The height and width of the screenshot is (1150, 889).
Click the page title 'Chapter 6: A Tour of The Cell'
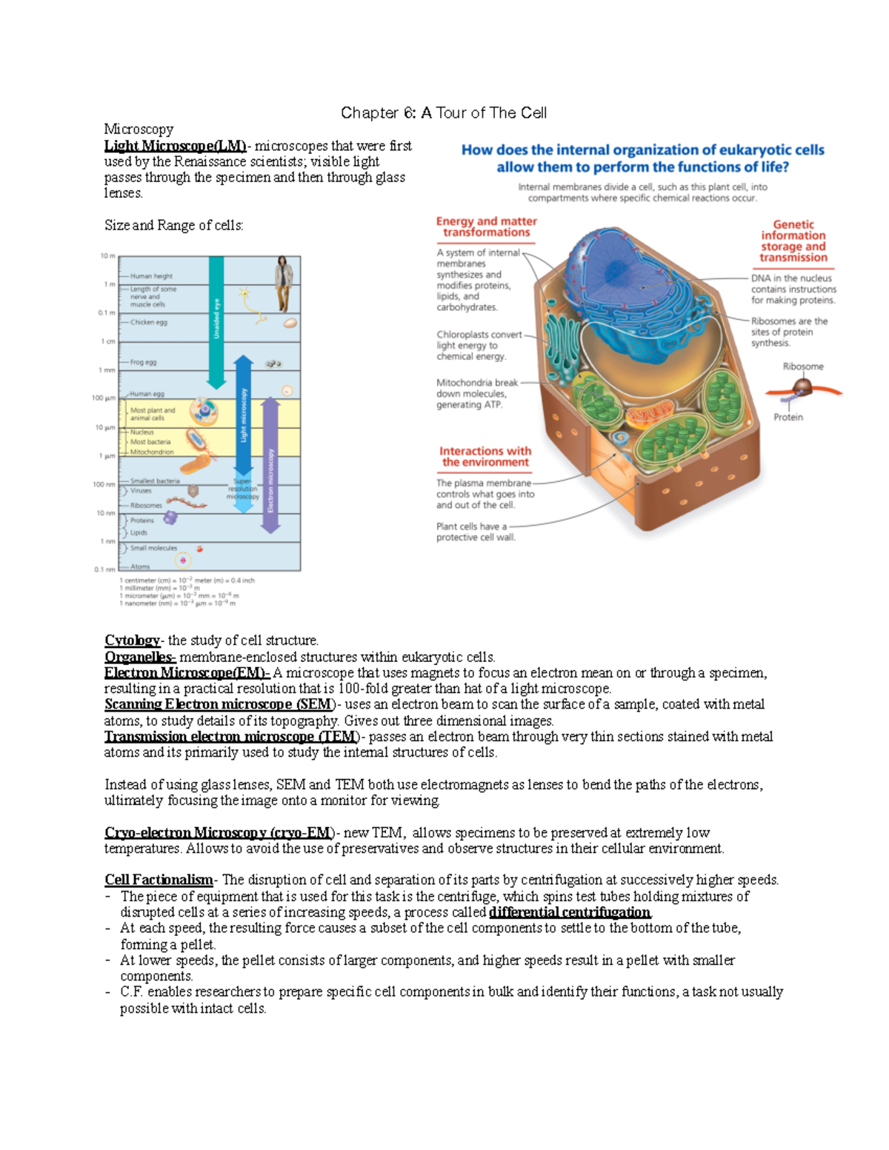point(443,113)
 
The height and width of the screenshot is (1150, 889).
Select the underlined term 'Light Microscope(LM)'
point(175,146)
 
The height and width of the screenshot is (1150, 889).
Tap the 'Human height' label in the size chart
point(151,276)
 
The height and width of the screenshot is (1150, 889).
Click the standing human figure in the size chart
point(283,284)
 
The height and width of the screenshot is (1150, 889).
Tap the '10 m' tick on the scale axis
point(107,256)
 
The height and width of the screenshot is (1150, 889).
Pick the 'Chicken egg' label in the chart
point(149,322)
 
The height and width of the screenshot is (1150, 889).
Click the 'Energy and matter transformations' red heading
point(486,227)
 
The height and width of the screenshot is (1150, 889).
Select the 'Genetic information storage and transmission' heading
point(793,241)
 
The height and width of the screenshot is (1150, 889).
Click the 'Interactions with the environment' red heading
point(485,456)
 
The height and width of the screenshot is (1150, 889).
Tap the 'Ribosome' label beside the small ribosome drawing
point(803,367)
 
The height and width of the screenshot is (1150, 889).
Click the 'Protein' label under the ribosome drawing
point(788,417)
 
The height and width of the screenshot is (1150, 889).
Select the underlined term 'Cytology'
point(132,641)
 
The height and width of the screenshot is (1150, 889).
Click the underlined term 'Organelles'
point(139,657)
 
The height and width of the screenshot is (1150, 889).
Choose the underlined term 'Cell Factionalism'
point(159,880)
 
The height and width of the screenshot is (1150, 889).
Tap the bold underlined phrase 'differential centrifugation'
point(570,912)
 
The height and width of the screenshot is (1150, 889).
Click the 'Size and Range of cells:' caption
point(173,225)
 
